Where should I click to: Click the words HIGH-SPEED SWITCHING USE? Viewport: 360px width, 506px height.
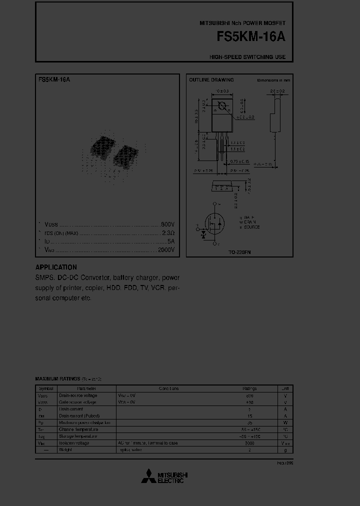pyautogui.click(x=247, y=57)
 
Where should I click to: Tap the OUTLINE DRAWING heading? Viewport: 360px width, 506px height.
pyautogui.click(x=211, y=80)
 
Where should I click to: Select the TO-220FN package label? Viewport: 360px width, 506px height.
pyautogui.click(x=239, y=252)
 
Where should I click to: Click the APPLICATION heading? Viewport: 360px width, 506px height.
pyautogui.click(x=56, y=267)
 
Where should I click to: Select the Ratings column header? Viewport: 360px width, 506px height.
pyautogui.click(x=249, y=388)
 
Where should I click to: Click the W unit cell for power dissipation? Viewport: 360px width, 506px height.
pyautogui.click(x=285, y=422)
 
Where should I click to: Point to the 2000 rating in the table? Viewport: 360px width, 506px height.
pyautogui.click(x=249, y=443)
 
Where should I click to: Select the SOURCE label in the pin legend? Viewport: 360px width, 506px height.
pyautogui.click(x=249, y=227)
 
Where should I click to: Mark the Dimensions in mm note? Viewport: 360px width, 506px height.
pyautogui.click(x=273, y=80)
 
